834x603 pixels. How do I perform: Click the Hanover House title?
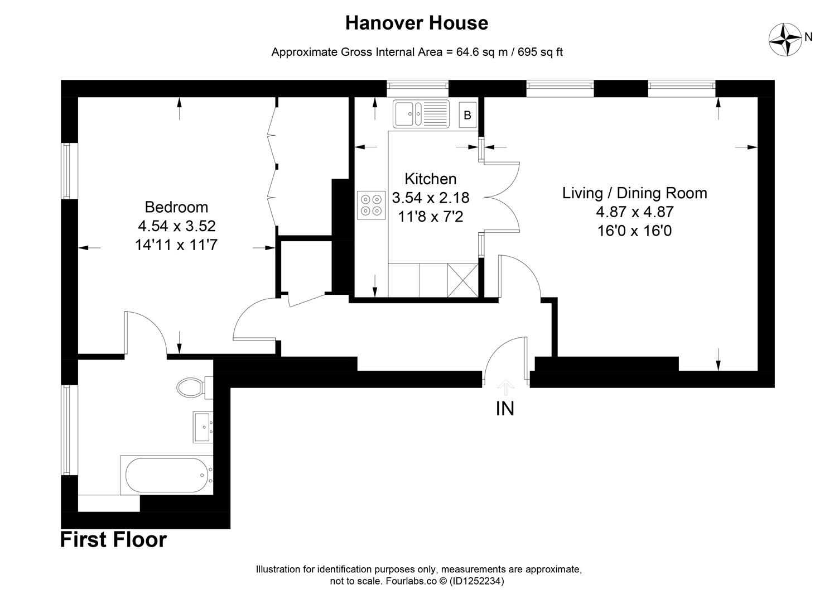(x=416, y=23)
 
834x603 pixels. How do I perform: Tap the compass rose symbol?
(x=784, y=39)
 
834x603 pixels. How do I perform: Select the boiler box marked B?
(x=467, y=116)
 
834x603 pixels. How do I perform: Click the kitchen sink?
(x=421, y=114)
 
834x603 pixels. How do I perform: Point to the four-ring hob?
(x=371, y=204)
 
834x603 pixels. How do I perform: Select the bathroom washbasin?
(x=203, y=427)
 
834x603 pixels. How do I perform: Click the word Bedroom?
(x=176, y=207)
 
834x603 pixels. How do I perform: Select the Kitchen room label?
(x=430, y=179)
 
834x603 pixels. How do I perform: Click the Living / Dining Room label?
(x=634, y=193)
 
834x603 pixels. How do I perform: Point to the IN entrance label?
(x=505, y=409)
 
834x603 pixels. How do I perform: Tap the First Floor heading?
(x=113, y=540)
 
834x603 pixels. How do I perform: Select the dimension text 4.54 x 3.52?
(x=176, y=226)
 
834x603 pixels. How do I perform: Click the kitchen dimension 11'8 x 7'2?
(x=430, y=217)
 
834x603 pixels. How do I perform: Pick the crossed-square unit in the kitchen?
(x=462, y=280)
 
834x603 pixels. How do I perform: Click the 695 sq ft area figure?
(x=540, y=52)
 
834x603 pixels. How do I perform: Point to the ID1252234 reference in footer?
(x=477, y=581)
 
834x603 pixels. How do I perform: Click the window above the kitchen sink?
(x=418, y=85)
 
